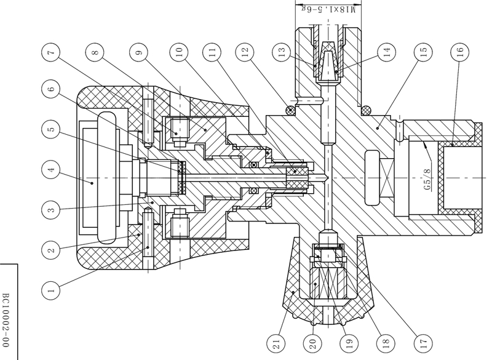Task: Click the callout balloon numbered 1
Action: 53,286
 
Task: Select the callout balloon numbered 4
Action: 53,167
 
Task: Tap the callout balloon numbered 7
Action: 53,52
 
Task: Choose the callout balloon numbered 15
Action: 422,52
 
